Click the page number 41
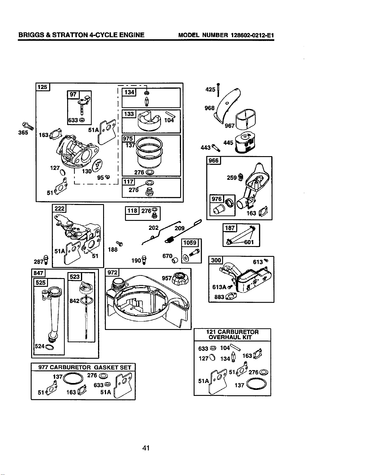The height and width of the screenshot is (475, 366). pos(146,448)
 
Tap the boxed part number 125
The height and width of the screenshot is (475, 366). pos(43,87)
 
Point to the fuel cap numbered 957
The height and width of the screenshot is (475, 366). pos(180,278)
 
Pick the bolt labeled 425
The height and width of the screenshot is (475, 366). pos(218,90)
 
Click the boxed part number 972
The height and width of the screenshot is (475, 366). pos(113,272)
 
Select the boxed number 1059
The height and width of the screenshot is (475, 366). pos(190,243)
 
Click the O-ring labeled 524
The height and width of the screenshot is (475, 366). pos(49,347)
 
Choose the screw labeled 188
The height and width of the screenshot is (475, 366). pos(119,243)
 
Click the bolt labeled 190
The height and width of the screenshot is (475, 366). pos(144,260)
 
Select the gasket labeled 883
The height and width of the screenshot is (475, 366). pos(231,296)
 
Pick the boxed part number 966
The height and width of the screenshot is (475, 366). pos(213,161)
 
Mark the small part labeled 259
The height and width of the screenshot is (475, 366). pos(240,177)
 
